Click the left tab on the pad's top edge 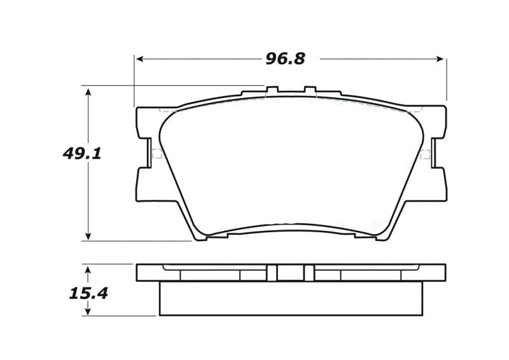pos(272,90)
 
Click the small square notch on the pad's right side pos(424,153)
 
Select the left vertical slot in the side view pos(272,272)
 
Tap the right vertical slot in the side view pos(309,272)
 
